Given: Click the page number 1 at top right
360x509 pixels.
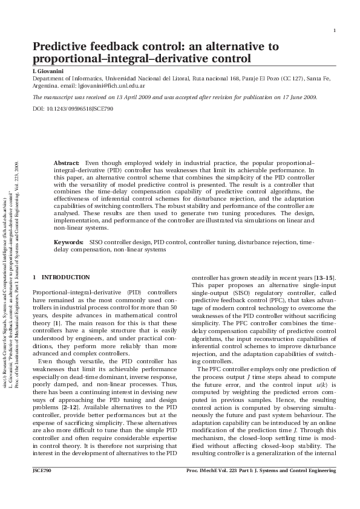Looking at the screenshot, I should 335,31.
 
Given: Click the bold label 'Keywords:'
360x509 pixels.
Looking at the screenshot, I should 68,242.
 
